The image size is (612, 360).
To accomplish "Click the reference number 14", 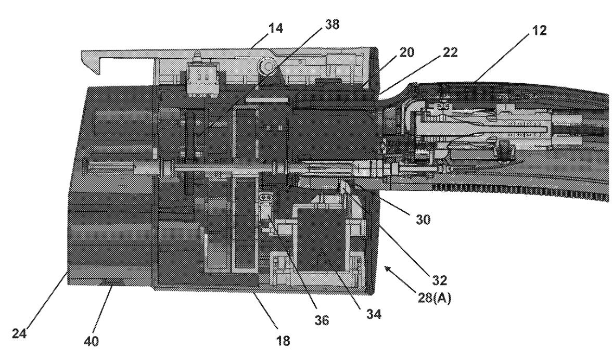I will (x=276, y=29).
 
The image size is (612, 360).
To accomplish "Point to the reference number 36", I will (x=323, y=321).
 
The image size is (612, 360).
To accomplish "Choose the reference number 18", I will (x=284, y=341).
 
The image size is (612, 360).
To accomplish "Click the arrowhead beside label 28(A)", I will (x=387, y=268).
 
